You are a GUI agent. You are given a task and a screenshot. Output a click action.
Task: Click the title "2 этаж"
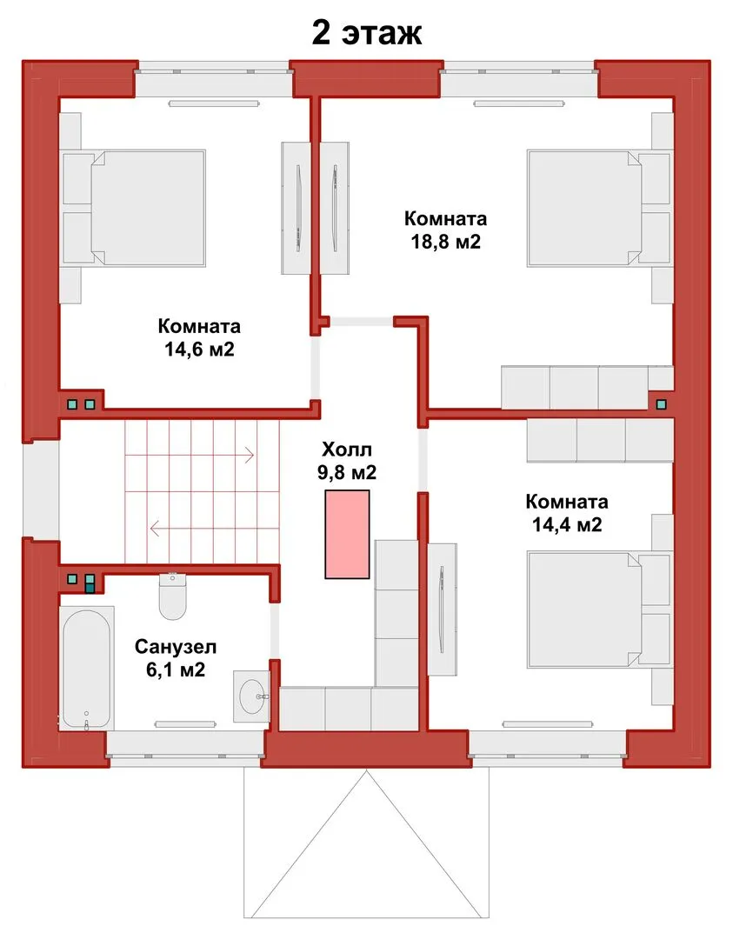coord(367,33)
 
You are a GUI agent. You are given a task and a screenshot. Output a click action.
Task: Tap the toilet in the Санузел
coord(172,596)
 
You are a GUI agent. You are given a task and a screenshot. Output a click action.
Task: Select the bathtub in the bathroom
coord(87,669)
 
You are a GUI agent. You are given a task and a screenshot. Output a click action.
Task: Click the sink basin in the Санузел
coord(251,696)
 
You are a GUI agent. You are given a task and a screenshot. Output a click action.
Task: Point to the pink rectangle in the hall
coord(347,534)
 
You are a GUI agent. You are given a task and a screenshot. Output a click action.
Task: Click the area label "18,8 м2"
coord(445,242)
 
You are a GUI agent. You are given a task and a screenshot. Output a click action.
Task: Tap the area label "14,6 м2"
coord(199,350)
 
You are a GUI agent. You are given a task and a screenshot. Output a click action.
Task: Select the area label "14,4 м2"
coord(567,525)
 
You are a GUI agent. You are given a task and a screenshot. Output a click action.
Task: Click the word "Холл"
coord(347,450)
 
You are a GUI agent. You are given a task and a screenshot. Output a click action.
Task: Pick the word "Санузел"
coord(176,647)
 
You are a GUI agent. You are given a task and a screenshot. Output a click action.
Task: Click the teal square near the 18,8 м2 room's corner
coord(661,404)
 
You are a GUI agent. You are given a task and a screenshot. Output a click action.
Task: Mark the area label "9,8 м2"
coord(347,473)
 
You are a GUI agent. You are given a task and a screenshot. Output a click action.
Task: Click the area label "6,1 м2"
coord(176,670)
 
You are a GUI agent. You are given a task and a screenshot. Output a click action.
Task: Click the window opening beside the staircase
coord(41,490)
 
